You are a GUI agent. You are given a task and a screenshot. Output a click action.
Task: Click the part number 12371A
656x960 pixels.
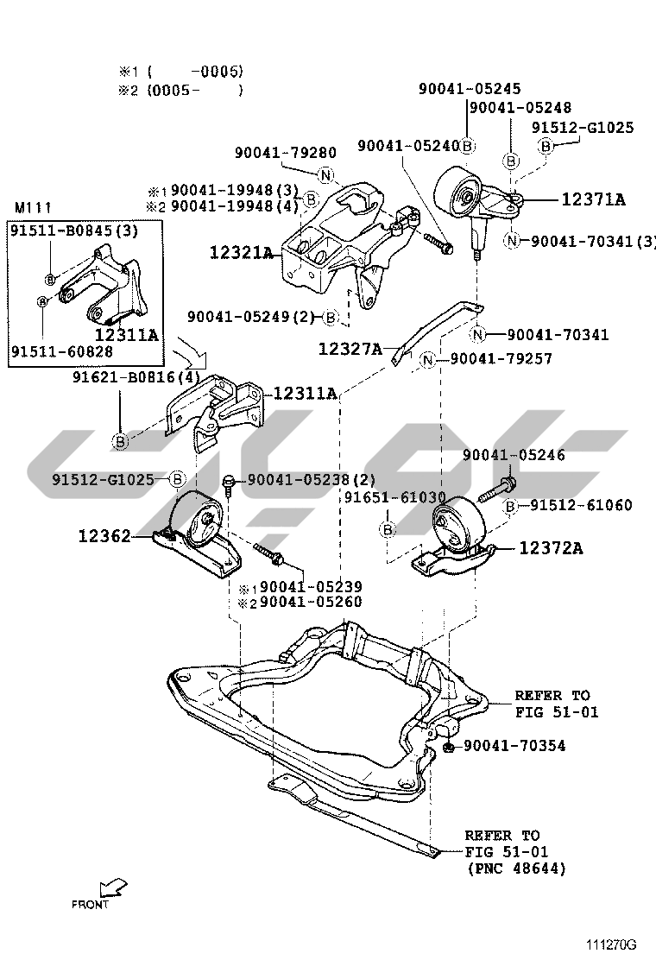tap(594, 199)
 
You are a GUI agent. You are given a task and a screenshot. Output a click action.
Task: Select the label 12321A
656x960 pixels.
tap(242, 253)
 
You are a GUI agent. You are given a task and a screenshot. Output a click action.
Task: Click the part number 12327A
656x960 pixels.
tap(350, 348)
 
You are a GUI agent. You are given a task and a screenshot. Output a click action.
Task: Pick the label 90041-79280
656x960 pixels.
tap(274, 153)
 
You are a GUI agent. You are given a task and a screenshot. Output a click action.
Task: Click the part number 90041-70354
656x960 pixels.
tap(514, 745)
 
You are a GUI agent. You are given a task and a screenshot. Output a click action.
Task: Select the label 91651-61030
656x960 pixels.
tap(395, 497)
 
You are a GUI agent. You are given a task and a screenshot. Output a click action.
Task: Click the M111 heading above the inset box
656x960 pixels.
tap(34, 208)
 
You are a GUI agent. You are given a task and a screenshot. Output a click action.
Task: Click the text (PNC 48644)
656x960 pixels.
tap(515, 869)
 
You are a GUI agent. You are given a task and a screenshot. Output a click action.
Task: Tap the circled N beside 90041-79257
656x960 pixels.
tap(428, 358)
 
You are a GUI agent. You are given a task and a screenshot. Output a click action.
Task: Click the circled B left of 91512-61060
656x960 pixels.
tap(511, 505)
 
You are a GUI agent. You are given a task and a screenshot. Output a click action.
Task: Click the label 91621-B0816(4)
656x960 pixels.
tap(137, 376)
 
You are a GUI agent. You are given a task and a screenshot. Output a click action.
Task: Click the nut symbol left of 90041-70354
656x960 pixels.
tap(450, 745)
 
